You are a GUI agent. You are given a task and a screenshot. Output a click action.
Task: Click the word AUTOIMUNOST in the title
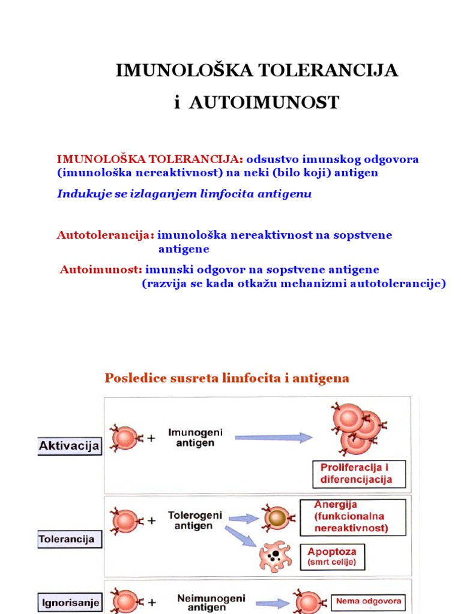pos(264,103)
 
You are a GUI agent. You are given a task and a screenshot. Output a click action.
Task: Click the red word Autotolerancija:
pos(106,235)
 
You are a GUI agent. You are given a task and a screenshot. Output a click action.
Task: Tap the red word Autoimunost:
pos(101,270)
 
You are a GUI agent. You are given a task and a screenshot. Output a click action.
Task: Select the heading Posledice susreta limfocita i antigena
pos(227,378)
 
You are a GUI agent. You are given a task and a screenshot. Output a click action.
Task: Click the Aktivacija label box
pos(70,446)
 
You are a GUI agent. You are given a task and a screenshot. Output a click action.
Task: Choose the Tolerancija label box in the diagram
pos(70,539)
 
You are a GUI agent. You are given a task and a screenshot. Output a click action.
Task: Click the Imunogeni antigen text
pos(191,438)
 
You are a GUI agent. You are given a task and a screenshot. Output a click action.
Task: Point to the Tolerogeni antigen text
pos(194,520)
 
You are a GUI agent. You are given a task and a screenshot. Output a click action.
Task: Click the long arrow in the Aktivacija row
pos(273,437)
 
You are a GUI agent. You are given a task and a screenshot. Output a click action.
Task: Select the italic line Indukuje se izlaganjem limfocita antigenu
pos(184,194)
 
